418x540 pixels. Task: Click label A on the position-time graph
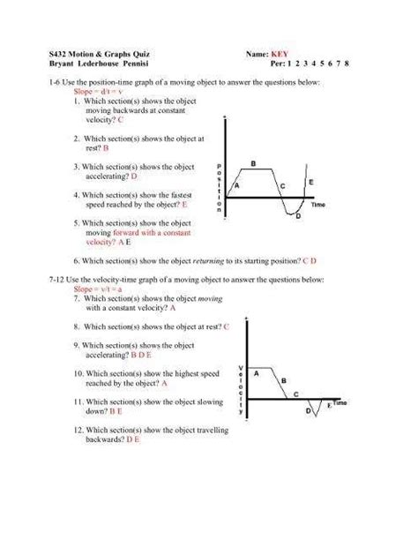click(236, 186)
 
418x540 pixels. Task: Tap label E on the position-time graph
click(310, 181)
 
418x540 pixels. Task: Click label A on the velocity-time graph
click(256, 373)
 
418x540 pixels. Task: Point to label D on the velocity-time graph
click(309, 411)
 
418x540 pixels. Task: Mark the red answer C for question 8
click(227, 326)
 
